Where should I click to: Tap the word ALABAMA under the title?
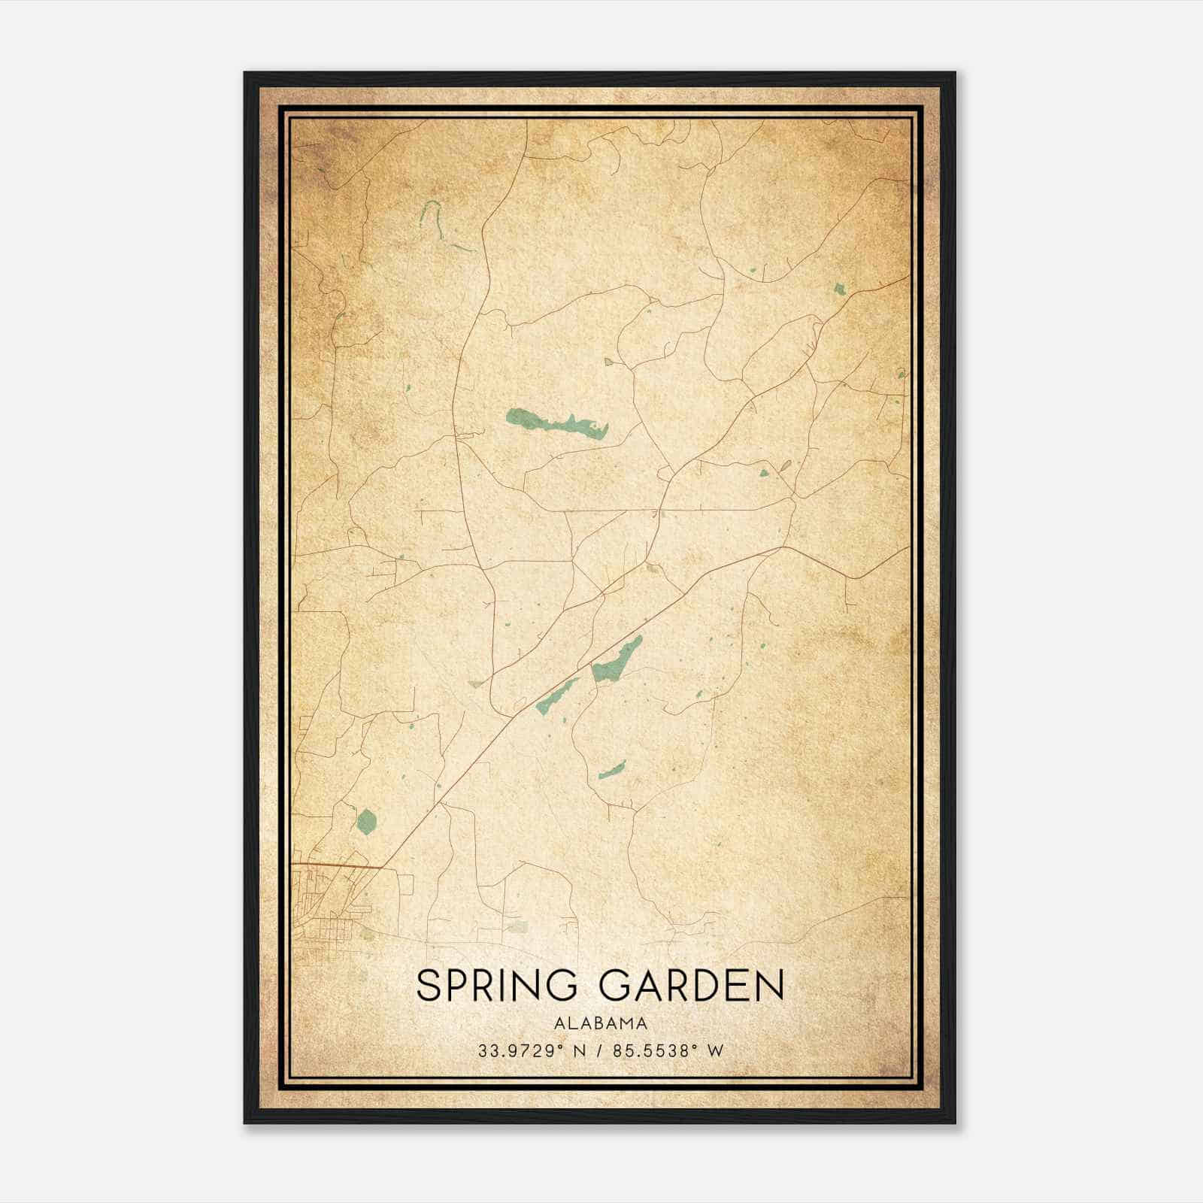click(600, 1023)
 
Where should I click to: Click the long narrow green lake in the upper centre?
click(556, 423)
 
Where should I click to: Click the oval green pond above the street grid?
click(366, 820)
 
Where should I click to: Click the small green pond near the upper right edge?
click(839, 288)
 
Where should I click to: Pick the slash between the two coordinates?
click(600, 1050)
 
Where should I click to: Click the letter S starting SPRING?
click(428, 986)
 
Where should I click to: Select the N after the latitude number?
click(579, 1050)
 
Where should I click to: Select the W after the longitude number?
click(716, 1050)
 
